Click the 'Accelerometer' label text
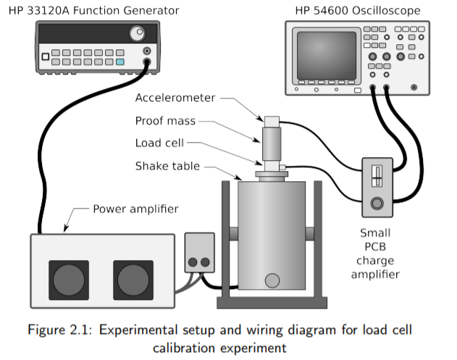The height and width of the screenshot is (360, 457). coord(176,99)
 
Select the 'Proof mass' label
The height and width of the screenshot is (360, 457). coord(164,121)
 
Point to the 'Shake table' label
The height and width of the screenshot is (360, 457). coord(167,166)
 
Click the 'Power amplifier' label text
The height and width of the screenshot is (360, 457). coord(135,209)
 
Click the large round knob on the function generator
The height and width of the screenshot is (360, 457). coord(137,33)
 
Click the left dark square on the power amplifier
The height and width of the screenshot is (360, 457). coord(68,280)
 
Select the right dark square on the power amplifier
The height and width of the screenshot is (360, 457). coord(133,280)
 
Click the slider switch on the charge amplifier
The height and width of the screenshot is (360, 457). coord(376,177)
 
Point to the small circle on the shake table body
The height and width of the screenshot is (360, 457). coord(272,280)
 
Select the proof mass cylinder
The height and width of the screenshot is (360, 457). coord(272,143)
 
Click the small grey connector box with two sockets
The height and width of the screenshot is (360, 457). coord(199,253)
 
